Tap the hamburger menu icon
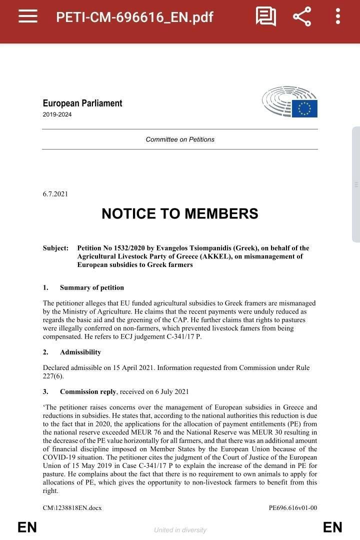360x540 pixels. pos(28,16)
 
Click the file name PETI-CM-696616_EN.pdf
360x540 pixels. pos(134,17)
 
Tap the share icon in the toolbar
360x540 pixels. pos(302,16)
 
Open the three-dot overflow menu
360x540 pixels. pos(338,16)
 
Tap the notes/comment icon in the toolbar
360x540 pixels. pos(266,16)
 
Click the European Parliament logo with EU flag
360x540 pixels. pos(290,102)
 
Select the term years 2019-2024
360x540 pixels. pos(57,114)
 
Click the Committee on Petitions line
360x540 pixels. pos(180,139)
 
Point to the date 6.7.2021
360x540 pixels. pos(55,194)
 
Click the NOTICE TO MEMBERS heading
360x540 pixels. pos(180,213)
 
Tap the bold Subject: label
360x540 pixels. pos(55,248)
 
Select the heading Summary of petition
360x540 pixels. pos(91,287)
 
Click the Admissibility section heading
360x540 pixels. pos(80,352)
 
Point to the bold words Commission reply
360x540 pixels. pos(88,391)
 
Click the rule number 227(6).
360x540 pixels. pos(53,376)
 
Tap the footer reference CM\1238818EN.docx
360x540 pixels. pos(72,508)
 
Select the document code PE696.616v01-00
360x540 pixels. pos(292,508)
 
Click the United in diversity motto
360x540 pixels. pos(180,530)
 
